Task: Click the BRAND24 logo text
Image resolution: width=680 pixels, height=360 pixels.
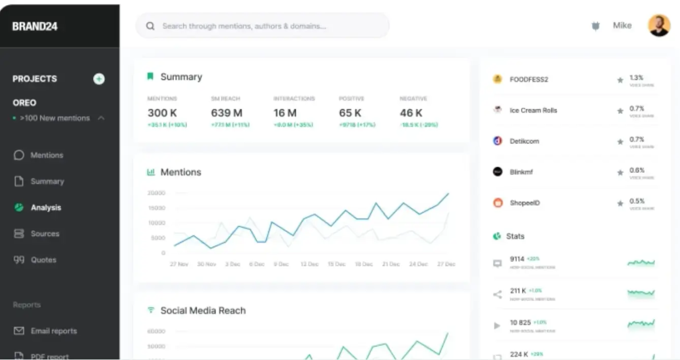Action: click(35, 26)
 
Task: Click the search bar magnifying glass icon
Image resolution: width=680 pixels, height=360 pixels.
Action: click(150, 26)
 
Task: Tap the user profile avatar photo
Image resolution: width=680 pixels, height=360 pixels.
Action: click(659, 26)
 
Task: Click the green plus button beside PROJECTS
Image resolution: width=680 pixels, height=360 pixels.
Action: click(99, 79)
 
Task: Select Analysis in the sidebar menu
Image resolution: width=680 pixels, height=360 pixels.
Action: click(45, 207)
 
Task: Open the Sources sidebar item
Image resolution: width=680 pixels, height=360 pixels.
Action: click(45, 234)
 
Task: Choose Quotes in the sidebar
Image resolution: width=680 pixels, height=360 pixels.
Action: click(43, 260)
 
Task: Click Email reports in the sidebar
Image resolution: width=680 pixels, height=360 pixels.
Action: click(53, 331)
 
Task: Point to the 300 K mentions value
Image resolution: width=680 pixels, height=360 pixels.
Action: click(162, 113)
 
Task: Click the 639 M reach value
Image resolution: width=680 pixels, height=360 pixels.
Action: click(227, 113)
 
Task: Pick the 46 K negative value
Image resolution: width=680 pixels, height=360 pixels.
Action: click(411, 113)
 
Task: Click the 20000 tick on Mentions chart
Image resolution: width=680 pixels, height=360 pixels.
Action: click(156, 193)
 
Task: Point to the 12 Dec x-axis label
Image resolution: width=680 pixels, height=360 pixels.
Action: click(309, 264)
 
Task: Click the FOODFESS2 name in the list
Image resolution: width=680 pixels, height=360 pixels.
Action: click(529, 79)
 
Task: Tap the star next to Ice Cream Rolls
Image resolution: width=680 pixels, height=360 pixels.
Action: click(620, 111)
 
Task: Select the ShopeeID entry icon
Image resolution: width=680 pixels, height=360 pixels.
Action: click(498, 202)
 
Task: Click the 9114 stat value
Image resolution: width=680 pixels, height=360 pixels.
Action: click(517, 259)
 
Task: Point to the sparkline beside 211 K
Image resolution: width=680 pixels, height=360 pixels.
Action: click(641, 293)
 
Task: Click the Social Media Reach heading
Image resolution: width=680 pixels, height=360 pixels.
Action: click(203, 310)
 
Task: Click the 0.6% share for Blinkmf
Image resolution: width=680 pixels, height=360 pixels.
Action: click(637, 170)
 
